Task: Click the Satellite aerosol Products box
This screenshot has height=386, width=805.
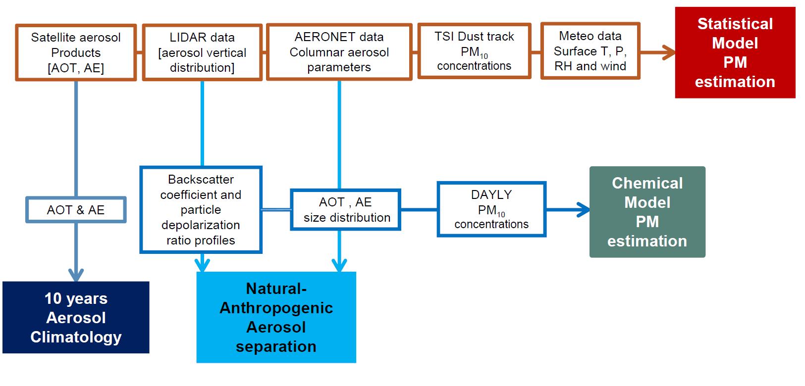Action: click(76, 52)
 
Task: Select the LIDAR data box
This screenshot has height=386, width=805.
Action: click(202, 52)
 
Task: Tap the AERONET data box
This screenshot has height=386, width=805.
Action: click(339, 52)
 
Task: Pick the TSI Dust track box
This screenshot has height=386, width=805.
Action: click(474, 51)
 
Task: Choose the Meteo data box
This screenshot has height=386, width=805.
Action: click(590, 51)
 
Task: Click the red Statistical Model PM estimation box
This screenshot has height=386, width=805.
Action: click(735, 52)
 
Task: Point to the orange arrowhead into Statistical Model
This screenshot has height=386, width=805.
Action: click(669, 52)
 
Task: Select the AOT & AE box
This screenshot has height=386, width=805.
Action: click(76, 210)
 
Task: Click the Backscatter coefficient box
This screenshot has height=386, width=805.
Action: click(201, 210)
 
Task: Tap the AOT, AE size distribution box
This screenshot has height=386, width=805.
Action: click(345, 210)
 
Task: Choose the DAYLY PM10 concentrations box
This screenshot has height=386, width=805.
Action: click(491, 209)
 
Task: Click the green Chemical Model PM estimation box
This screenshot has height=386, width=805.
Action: click(647, 212)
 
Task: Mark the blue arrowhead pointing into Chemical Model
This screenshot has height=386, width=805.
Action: click(583, 210)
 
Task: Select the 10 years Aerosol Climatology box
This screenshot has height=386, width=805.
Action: click(76, 317)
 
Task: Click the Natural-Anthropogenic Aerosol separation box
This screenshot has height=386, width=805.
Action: click(276, 317)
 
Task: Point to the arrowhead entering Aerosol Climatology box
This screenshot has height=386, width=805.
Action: click(76, 275)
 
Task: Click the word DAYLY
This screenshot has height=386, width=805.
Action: click(491, 194)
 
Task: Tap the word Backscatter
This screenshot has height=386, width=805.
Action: click(201, 179)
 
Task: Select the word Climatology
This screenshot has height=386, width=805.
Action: click(76, 337)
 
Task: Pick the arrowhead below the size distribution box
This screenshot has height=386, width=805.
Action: click(339, 266)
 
